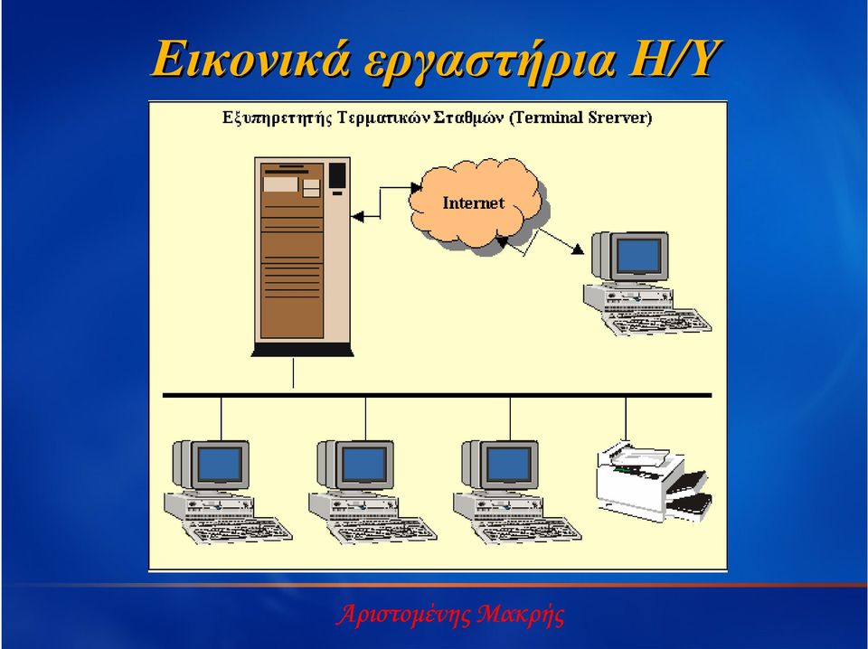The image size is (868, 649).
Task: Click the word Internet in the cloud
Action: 473,203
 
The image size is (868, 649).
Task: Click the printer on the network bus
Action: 653,482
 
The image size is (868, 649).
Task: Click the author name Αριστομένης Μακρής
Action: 450,614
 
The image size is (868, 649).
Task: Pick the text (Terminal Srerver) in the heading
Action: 580,118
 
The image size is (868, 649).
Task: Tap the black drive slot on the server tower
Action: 337,175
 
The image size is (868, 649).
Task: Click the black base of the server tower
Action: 302,350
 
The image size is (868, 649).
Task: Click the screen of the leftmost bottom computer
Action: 220,465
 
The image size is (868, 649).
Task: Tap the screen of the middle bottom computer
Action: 364,465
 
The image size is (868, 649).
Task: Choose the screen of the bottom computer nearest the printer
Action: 509,465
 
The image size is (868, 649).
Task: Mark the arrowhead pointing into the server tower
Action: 358,217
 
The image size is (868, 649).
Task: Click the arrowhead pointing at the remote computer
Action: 578,249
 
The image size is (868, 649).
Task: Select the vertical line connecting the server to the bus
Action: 293,373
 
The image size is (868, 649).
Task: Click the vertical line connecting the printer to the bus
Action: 626,419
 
